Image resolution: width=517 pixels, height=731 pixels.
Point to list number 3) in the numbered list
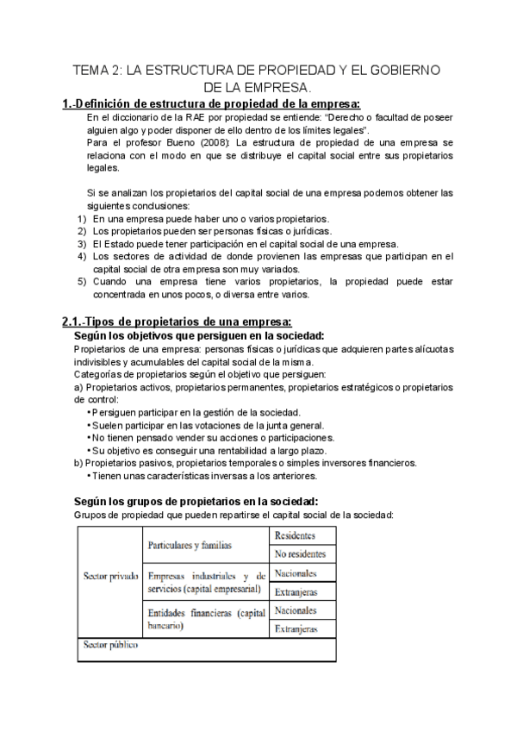[x=83, y=244]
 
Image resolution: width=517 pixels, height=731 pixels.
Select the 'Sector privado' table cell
[x=109, y=575]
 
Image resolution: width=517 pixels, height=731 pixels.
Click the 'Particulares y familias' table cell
[x=190, y=546]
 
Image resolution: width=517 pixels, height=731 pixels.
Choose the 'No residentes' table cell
[x=300, y=554]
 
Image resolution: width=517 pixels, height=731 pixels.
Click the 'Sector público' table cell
[x=109, y=646]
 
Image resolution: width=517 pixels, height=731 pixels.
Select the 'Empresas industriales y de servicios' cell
[x=205, y=582]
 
